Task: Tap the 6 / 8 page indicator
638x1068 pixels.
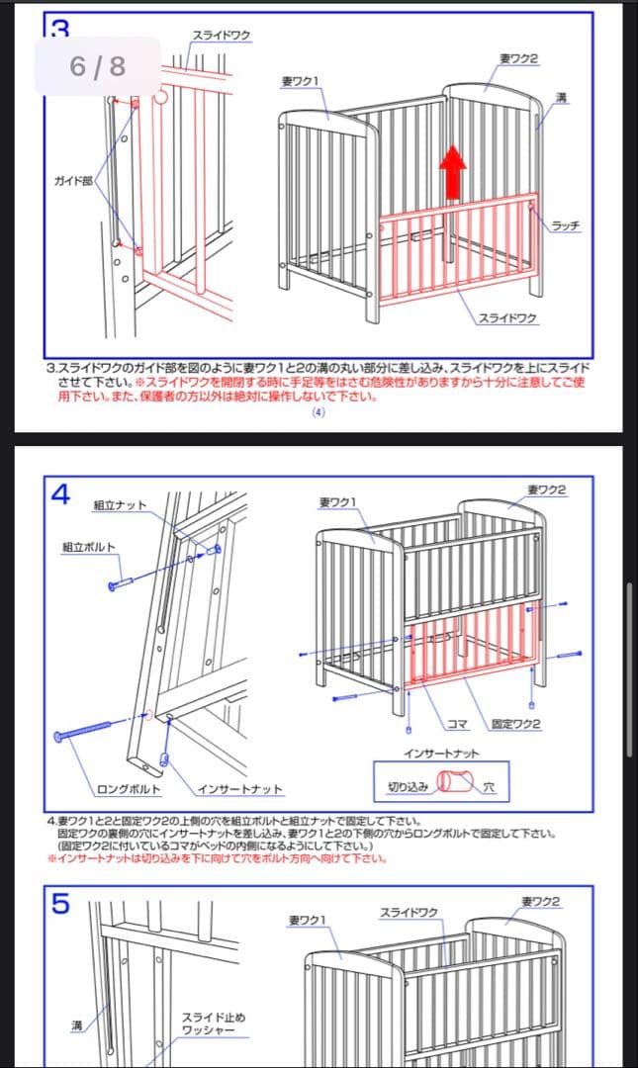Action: click(98, 66)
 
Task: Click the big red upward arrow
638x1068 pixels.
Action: click(452, 172)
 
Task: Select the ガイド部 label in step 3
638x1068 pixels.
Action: click(73, 183)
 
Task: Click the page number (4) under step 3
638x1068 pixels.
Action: click(318, 412)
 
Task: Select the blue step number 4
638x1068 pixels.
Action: click(61, 493)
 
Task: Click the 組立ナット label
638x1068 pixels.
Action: click(120, 505)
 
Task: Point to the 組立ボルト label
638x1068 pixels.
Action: click(89, 547)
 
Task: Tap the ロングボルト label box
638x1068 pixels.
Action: click(129, 789)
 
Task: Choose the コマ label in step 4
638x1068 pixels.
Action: click(457, 724)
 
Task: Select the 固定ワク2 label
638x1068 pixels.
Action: click(516, 724)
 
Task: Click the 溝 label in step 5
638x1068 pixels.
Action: click(75, 1024)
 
